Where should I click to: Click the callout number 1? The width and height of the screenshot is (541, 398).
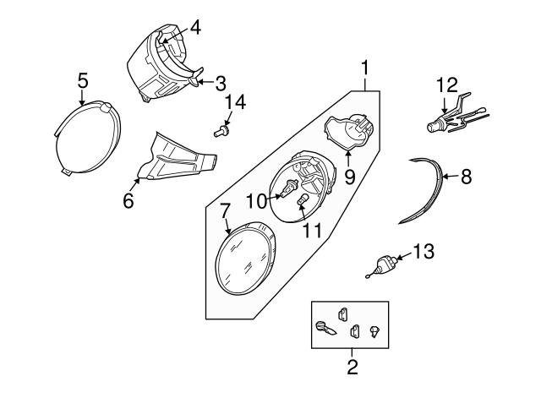(365, 66)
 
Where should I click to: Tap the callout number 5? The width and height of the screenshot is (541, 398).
(82, 80)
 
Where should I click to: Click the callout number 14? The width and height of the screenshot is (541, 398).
(238, 102)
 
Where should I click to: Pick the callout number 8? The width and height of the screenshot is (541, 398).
(466, 177)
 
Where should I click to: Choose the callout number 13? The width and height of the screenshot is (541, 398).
(423, 251)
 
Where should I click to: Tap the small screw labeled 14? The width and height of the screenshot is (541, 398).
(221, 131)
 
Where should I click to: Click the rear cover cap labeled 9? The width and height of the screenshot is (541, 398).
(349, 133)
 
